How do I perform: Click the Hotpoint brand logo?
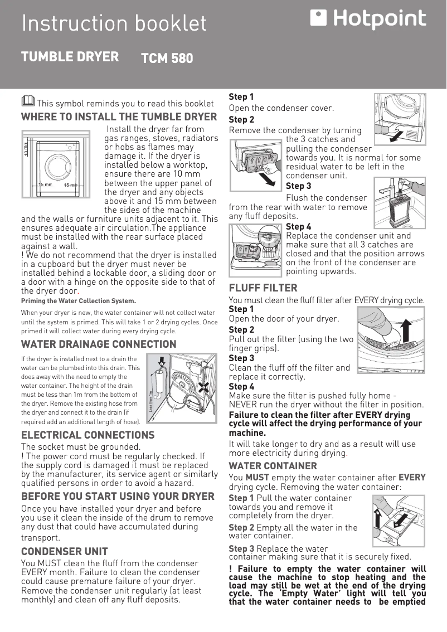coord(368,20)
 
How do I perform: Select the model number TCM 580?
coord(167,58)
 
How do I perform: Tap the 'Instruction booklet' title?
coord(114,23)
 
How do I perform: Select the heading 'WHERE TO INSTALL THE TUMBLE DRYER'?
coord(119,117)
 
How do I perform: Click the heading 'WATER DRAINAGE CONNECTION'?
coord(99,344)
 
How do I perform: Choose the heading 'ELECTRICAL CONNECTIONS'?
coord(88,435)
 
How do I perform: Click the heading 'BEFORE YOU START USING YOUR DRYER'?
coord(118,496)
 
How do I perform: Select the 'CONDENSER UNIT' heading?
coord(64,552)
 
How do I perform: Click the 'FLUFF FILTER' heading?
coord(263,288)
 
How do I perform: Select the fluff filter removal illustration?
coord(391,339)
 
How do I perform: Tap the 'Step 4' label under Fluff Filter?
coord(241,386)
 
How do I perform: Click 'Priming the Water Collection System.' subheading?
coord(78,301)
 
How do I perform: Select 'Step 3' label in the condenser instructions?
coord(298,186)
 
